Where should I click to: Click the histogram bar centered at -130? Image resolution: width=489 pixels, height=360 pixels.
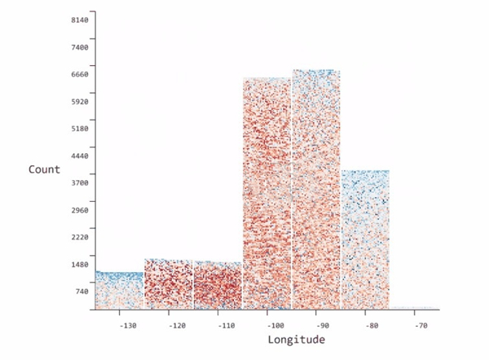coord(120,291)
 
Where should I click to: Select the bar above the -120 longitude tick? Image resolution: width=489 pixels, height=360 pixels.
coord(169,284)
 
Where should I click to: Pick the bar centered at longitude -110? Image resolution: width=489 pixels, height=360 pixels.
coord(218,286)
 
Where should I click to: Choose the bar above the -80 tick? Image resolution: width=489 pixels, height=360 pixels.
coord(364,239)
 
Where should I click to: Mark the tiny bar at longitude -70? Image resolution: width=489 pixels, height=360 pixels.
coord(414,309)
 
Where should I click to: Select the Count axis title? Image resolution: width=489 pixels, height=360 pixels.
coord(44,169)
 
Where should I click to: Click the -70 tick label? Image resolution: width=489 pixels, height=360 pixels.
coord(420,326)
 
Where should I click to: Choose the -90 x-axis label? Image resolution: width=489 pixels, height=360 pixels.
coord(323,326)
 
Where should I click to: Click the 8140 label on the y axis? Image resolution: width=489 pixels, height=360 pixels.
coord(78,20)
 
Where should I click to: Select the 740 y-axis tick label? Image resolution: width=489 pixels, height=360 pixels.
coord(81,291)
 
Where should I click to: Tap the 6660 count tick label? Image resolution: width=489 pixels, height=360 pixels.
coord(78,74)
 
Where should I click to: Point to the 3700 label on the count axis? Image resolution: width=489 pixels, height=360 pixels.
coord(78,182)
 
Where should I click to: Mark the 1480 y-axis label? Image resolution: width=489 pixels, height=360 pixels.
coord(78,264)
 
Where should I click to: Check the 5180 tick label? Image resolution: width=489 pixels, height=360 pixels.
coord(78,129)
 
